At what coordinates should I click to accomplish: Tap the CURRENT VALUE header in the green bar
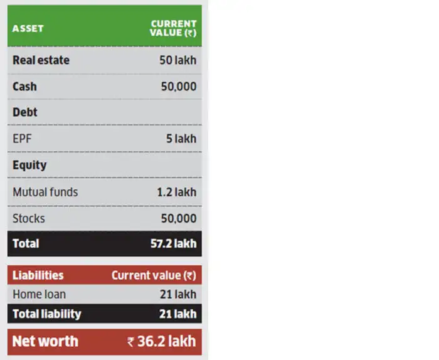[174, 29]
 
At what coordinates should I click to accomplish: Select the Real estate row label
[41, 61]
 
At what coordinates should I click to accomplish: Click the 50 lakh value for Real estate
[177, 61]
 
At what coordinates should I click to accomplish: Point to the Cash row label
[24, 87]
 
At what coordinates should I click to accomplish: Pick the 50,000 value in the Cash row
[179, 87]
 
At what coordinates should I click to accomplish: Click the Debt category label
[25, 112]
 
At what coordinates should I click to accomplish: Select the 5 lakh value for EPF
[181, 139]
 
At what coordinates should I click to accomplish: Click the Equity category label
[29, 165]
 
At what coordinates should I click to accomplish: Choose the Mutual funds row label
[45, 192]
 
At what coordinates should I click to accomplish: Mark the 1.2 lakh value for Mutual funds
[177, 192]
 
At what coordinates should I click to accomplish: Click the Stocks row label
[29, 218]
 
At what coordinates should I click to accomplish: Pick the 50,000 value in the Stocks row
[179, 218]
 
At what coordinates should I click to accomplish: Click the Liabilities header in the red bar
[38, 275]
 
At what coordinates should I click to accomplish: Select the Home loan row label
[39, 294]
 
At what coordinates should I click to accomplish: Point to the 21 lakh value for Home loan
[178, 294]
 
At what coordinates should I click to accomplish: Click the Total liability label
[46, 314]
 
